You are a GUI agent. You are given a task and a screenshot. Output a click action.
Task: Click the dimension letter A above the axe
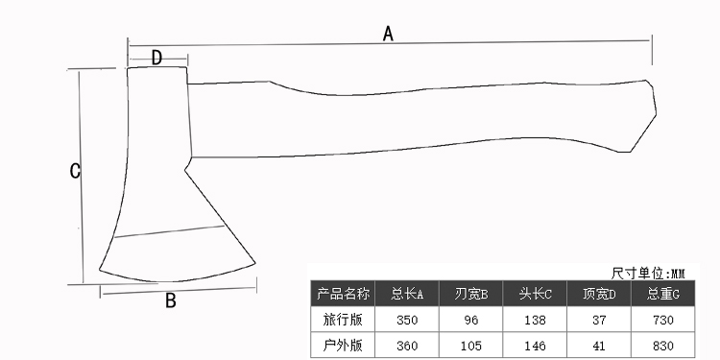pyautogui.click(x=389, y=34)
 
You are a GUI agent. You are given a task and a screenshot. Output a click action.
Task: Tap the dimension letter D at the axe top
pyautogui.click(x=156, y=58)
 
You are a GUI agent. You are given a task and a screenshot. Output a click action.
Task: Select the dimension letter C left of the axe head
pyautogui.click(x=75, y=171)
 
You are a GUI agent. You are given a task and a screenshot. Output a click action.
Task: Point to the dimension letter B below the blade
pyautogui.click(x=170, y=300)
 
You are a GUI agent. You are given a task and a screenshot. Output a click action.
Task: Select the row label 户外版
pyautogui.click(x=343, y=345)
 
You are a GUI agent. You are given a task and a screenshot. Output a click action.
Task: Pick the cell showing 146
pyautogui.click(x=536, y=345)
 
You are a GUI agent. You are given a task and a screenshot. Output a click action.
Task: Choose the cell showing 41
pyautogui.click(x=599, y=345)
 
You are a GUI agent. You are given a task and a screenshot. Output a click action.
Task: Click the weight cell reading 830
pyautogui.click(x=663, y=345)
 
